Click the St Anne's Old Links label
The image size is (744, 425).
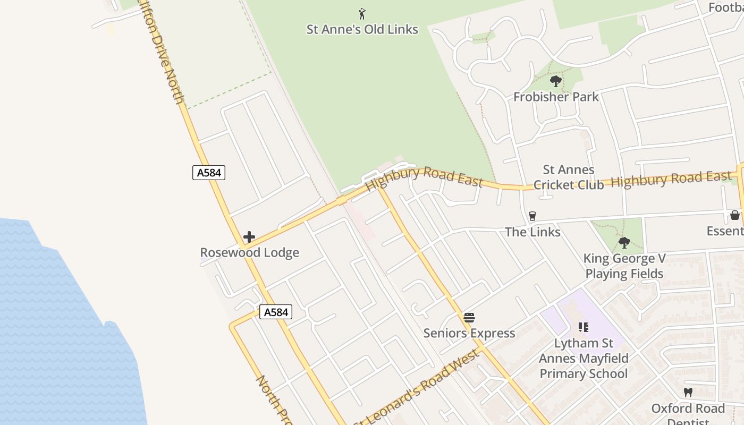[362, 29]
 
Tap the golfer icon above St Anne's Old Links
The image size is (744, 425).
[362, 14]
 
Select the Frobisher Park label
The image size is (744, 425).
[556, 97]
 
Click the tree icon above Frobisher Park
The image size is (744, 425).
[556, 81]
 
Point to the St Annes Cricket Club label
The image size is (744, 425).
[569, 177]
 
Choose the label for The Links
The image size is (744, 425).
[532, 232]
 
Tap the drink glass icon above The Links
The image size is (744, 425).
[532, 216]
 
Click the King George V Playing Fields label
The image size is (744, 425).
[624, 266]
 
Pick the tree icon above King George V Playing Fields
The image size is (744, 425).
[624, 243]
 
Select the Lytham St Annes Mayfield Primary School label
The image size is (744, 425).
[584, 359]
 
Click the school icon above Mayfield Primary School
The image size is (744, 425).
[584, 327]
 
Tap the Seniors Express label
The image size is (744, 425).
[469, 333]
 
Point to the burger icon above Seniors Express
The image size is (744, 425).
[469, 318]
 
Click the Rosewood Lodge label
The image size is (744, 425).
[249, 252]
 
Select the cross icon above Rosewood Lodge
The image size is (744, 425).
[249, 237]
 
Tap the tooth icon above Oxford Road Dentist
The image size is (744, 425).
[688, 393]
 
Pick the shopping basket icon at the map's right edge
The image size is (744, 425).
[735, 215]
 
